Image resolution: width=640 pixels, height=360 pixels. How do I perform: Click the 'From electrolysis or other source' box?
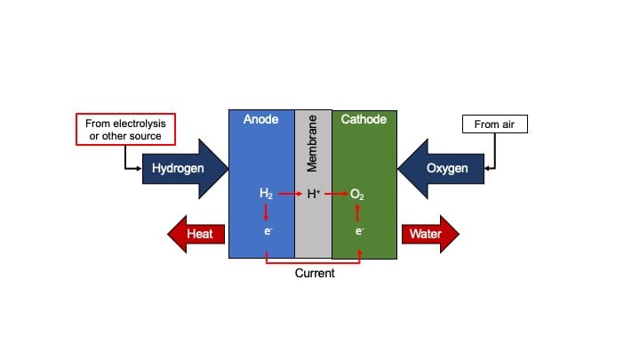(125, 130)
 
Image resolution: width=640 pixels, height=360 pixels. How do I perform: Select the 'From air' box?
(495, 124)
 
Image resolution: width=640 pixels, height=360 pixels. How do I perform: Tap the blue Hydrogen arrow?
(185, 169)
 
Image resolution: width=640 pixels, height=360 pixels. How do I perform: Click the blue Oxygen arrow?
(441, 169)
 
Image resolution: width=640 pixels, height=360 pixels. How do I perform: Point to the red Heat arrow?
(196, 234)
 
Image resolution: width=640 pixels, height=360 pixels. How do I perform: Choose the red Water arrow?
(430, 234)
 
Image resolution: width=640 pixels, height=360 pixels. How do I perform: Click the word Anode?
(260, 119)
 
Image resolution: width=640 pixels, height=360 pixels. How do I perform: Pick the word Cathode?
(364, 119)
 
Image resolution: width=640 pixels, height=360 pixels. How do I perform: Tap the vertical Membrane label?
(312, 143)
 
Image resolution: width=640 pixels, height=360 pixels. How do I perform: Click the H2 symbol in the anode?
(266, 194)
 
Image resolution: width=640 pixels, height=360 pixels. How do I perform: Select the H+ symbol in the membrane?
(314, 194)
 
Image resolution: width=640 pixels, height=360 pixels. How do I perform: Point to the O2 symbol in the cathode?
(357, 195)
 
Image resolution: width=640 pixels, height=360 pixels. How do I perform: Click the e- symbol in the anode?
(268, 231)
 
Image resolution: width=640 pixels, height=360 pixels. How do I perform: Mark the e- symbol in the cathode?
(359, 231)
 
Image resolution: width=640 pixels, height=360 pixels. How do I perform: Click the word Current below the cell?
(315, 273)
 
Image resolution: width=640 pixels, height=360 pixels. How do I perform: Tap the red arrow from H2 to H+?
(290, 194)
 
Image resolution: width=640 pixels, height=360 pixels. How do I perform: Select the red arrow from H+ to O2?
(336, 194)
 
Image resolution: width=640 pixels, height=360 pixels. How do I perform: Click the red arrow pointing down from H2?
(266, 212)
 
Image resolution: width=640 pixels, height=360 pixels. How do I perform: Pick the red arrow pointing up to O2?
(357, 213)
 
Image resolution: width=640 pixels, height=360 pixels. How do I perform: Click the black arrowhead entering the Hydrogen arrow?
(139, 169)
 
